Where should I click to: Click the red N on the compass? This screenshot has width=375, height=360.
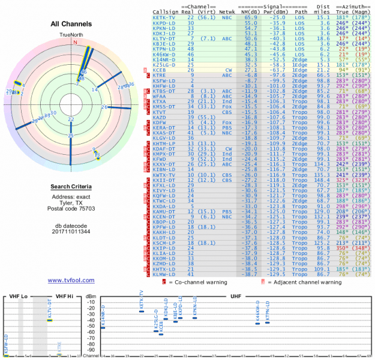[x=75, y=43]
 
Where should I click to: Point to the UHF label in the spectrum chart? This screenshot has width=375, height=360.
[x=235, y=296]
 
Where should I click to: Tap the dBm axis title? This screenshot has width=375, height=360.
[x=91, y=296]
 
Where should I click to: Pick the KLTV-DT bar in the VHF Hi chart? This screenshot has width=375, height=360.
[x=50, y=319]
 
